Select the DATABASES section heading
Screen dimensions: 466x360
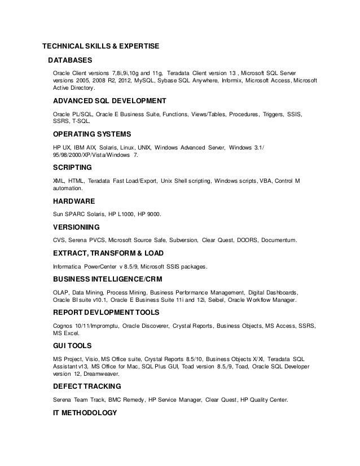click(x=70, y=60)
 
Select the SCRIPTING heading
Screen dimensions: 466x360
click(x=72, y=168)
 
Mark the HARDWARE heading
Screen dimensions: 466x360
click(x=73, y=201)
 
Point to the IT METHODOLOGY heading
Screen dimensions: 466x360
click(x=84, y=412)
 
